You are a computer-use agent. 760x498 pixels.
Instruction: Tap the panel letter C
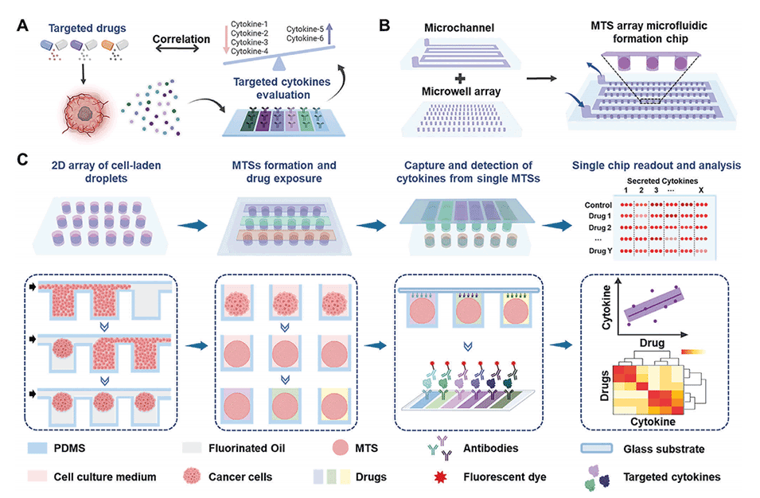coord(25,161)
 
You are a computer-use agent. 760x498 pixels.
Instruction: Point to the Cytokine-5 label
coord(306,29)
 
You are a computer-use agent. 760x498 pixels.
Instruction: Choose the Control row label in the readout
coord(601,205)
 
